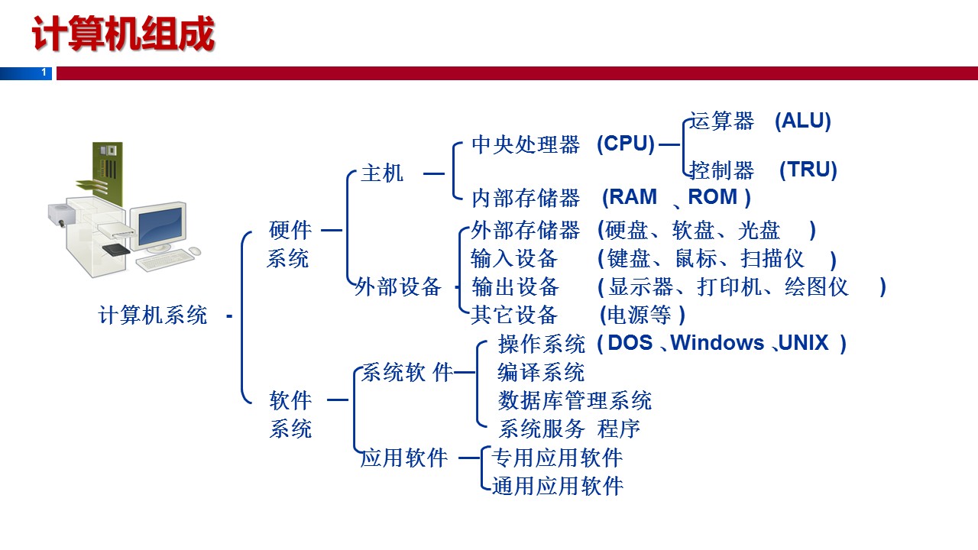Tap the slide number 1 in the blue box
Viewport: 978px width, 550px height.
[44, 73]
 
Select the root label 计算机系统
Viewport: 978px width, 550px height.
[153, 315]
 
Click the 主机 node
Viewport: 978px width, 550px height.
[382, 173]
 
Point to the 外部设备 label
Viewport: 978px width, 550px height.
[398, 287]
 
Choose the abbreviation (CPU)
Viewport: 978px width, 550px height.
[626, 144]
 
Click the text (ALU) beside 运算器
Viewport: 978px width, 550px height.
[802, 121]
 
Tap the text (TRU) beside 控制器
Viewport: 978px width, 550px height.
[808, 170]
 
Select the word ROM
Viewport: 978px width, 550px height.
[713, 197]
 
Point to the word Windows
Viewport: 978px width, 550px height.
[717, 343]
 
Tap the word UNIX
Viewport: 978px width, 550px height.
[803, 343]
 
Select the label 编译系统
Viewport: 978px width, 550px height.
[541, 372]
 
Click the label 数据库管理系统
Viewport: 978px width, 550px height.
[575, 400]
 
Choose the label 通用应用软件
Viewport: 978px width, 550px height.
[558, 486]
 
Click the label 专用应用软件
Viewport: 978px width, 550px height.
[557, 458]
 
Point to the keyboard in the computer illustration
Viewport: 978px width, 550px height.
[164, 260]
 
